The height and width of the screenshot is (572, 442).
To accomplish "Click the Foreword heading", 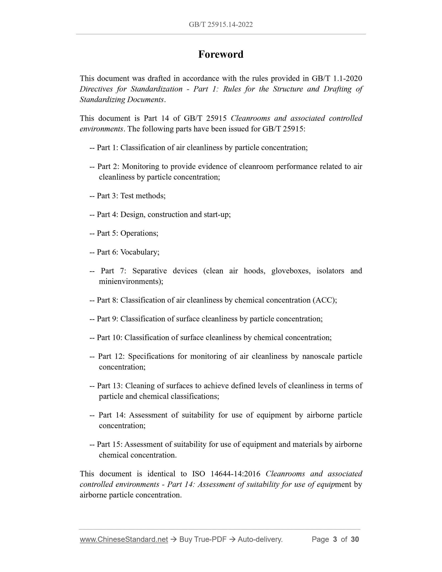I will pyautogui.click(x=221, y=55).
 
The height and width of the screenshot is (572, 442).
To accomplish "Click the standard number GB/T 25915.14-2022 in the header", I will pyautogui.click(x=221, y=25).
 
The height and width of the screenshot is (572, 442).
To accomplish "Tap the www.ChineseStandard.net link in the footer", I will pyautogui.click(x=124, y=540).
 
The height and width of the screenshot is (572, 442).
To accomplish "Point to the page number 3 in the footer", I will pyautogui.click(x=335, y=540).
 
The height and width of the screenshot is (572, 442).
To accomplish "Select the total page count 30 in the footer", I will pyautogui.click(x=355, y=540).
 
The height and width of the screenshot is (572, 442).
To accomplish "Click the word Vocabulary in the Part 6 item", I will pyautogui.click(x=139, y=252).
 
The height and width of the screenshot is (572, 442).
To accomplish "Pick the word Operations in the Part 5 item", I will pyautogui.click(x=139, y=233).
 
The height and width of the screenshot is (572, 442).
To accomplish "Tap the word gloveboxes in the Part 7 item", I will pyautogui.click(x=291, y=271).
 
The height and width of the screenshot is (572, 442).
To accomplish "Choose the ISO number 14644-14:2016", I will pyautogui.click(x=235, y=474).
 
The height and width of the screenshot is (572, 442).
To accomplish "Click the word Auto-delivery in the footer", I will pyautogui.click(x=260, y=540).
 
